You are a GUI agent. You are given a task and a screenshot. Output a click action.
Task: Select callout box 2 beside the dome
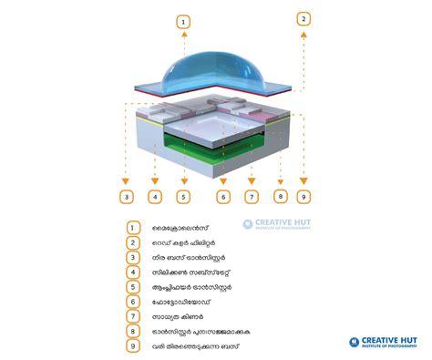pyautogui.click(x=303, y=17)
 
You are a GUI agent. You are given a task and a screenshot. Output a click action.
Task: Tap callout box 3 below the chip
pyautogui.click(x=128, y=196)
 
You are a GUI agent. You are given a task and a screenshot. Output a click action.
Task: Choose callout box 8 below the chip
pyautogui.click(x=281, y=195)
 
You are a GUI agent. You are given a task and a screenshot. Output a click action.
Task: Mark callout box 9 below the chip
pyautogui.click(x=303, y=195)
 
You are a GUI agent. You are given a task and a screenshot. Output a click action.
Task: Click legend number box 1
pyautogui.click(x=132, y=228)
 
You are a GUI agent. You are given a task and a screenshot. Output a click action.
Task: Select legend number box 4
pyautogui.click(x=132, y=273)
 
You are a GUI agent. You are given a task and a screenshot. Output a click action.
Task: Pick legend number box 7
pyautogui.click(x=132, y=316)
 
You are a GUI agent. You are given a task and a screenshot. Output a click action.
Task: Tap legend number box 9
pyautogui.click(x=132, y=346)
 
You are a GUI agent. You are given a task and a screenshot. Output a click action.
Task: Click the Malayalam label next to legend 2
pyautogui.click(x=183, y=243)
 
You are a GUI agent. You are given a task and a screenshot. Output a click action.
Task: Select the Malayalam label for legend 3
pyautogui.click(x=187, y=258)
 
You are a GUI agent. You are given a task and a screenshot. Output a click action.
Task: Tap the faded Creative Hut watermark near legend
pyautogui.click(x=277, y=224)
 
